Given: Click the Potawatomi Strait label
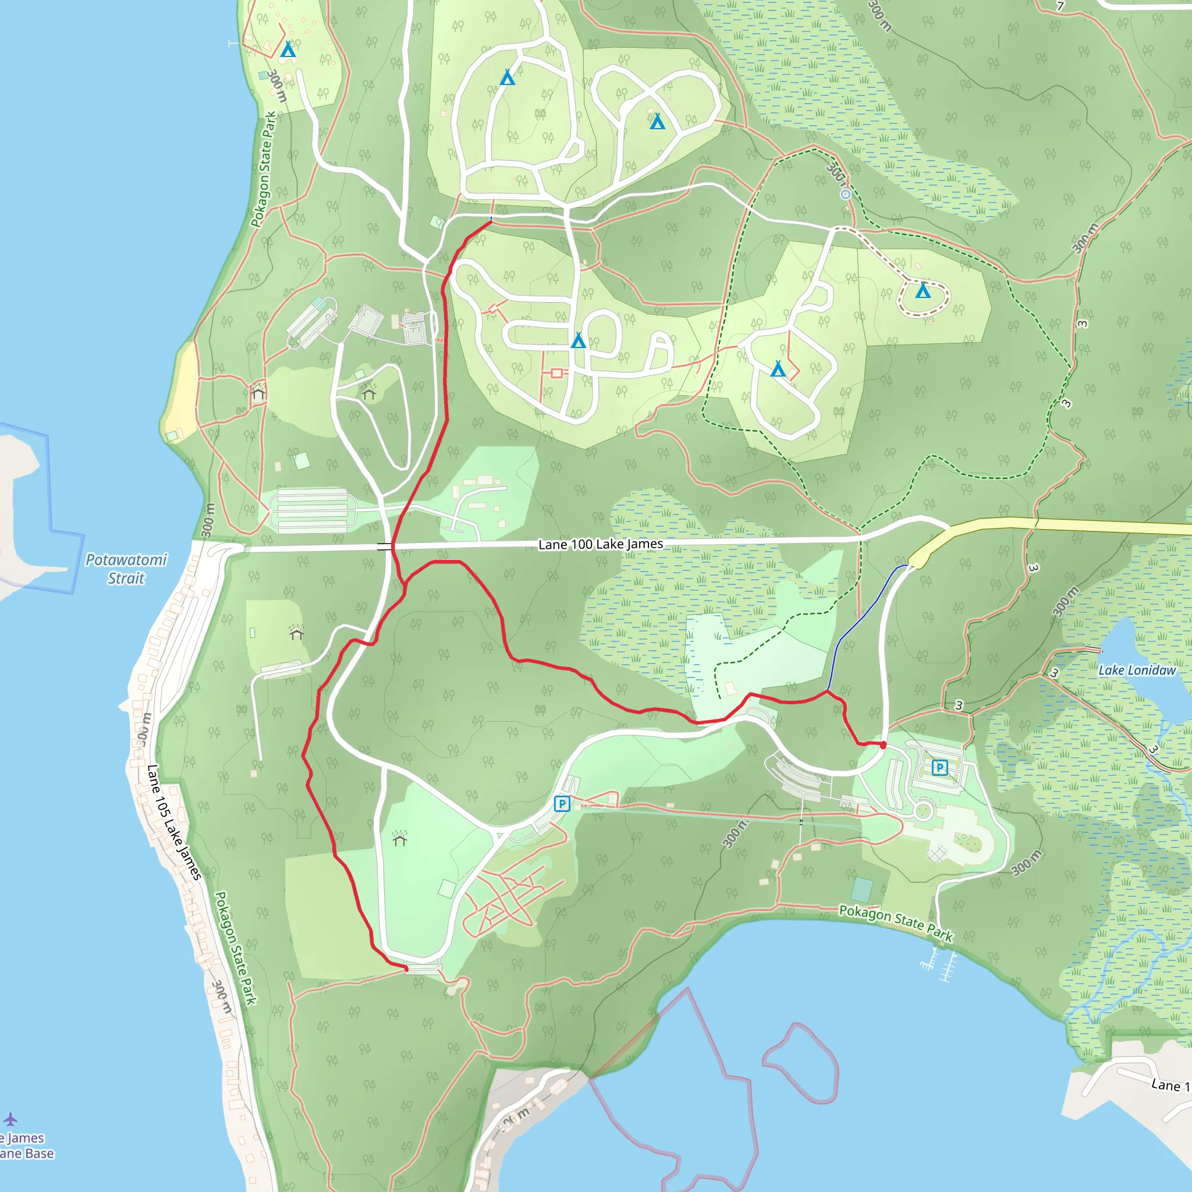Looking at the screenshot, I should tap(126, 569).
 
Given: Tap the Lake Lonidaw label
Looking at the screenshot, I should tap(1137, 670).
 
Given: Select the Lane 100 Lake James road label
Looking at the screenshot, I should tap(600, 544).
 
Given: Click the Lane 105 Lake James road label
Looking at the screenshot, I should tap(174, 822).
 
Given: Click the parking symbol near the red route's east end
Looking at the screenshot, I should tap(939, 768).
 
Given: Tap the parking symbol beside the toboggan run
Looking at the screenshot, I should tap(562, 803).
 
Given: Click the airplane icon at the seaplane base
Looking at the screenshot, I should tap(10, 1119).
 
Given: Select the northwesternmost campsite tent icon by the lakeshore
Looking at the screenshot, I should tap(288, 49).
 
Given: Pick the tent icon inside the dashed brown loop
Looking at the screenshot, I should tap(923, 290).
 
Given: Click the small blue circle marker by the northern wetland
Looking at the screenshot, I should tap(846, 194).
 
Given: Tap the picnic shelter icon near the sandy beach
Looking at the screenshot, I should tap(258, 392).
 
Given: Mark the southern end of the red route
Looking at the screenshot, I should tap(406, 969).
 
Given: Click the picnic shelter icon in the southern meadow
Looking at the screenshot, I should tap(400, 838).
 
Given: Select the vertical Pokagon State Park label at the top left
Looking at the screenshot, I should tap(264, 170).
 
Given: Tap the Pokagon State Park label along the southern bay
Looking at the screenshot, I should tap(896, 923).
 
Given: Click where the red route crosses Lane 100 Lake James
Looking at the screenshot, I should tap(392, 545).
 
